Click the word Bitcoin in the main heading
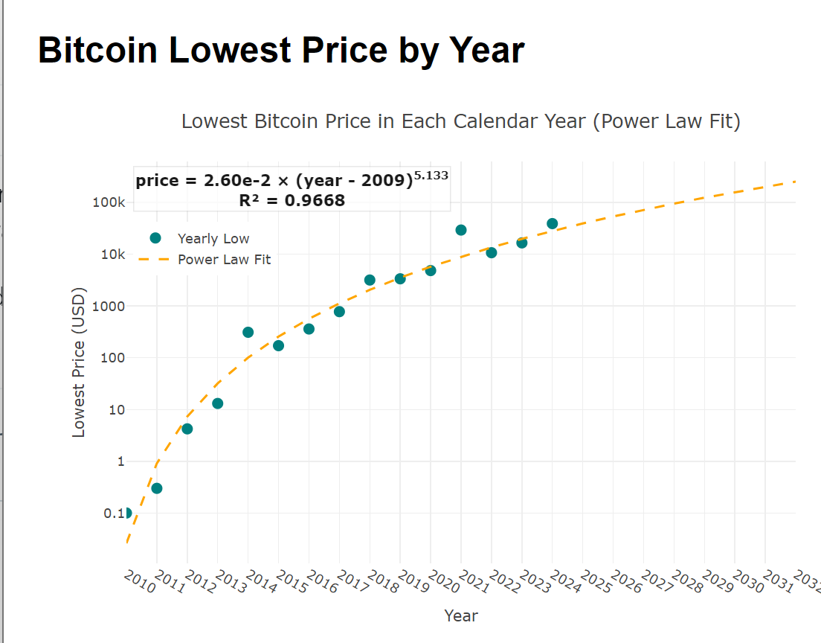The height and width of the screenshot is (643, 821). click(x=97, y=51)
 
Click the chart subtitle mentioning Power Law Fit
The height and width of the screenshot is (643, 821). click(x=460, y=121)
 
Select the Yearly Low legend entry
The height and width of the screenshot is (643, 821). click(x=213, y=238)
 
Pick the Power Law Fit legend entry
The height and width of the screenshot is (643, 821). click(x=224, y=260)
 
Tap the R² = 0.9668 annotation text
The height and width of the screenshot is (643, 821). click(x=292, y=200)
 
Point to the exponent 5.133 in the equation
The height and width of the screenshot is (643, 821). click(x=431, y=176)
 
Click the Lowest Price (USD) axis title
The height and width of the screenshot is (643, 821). click(x=79, y=362)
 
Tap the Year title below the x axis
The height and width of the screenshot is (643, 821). click(x=460, y=615)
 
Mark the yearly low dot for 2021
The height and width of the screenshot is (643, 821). click(x=461, y=230)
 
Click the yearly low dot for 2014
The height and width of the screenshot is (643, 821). click(x=248, y=332)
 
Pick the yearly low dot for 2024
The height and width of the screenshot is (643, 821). click(x=552, y=223)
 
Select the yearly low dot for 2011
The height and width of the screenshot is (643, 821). click(x=157, y=488)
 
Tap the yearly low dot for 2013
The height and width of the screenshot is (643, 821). click(x=218, y=403)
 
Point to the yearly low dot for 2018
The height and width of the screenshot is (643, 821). click(x=370, y=280)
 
